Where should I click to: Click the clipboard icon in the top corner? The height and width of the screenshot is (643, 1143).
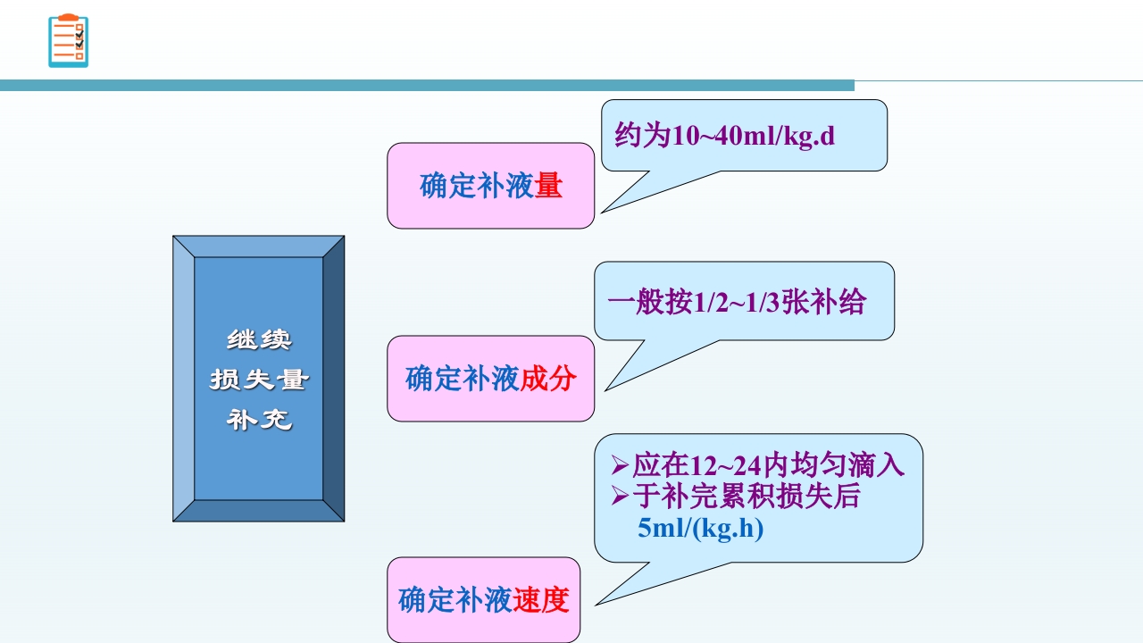[68, 41]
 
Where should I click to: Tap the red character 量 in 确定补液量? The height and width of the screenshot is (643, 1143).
[548, 186]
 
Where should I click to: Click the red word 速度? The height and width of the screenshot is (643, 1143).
[540, 599]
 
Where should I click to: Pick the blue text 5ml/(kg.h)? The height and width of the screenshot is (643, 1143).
[701, 529]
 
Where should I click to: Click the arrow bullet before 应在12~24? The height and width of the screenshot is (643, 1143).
[620, 465]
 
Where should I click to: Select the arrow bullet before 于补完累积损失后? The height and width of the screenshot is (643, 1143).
[620, 497]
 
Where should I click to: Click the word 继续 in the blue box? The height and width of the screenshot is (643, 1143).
[259, 340]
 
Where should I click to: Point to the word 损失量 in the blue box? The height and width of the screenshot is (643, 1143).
[259, 380]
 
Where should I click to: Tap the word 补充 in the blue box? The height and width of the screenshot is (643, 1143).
[259, 419]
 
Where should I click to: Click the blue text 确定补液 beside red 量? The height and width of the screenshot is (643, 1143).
[477, 186]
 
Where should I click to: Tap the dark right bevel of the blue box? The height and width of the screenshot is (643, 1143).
[333, 379]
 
